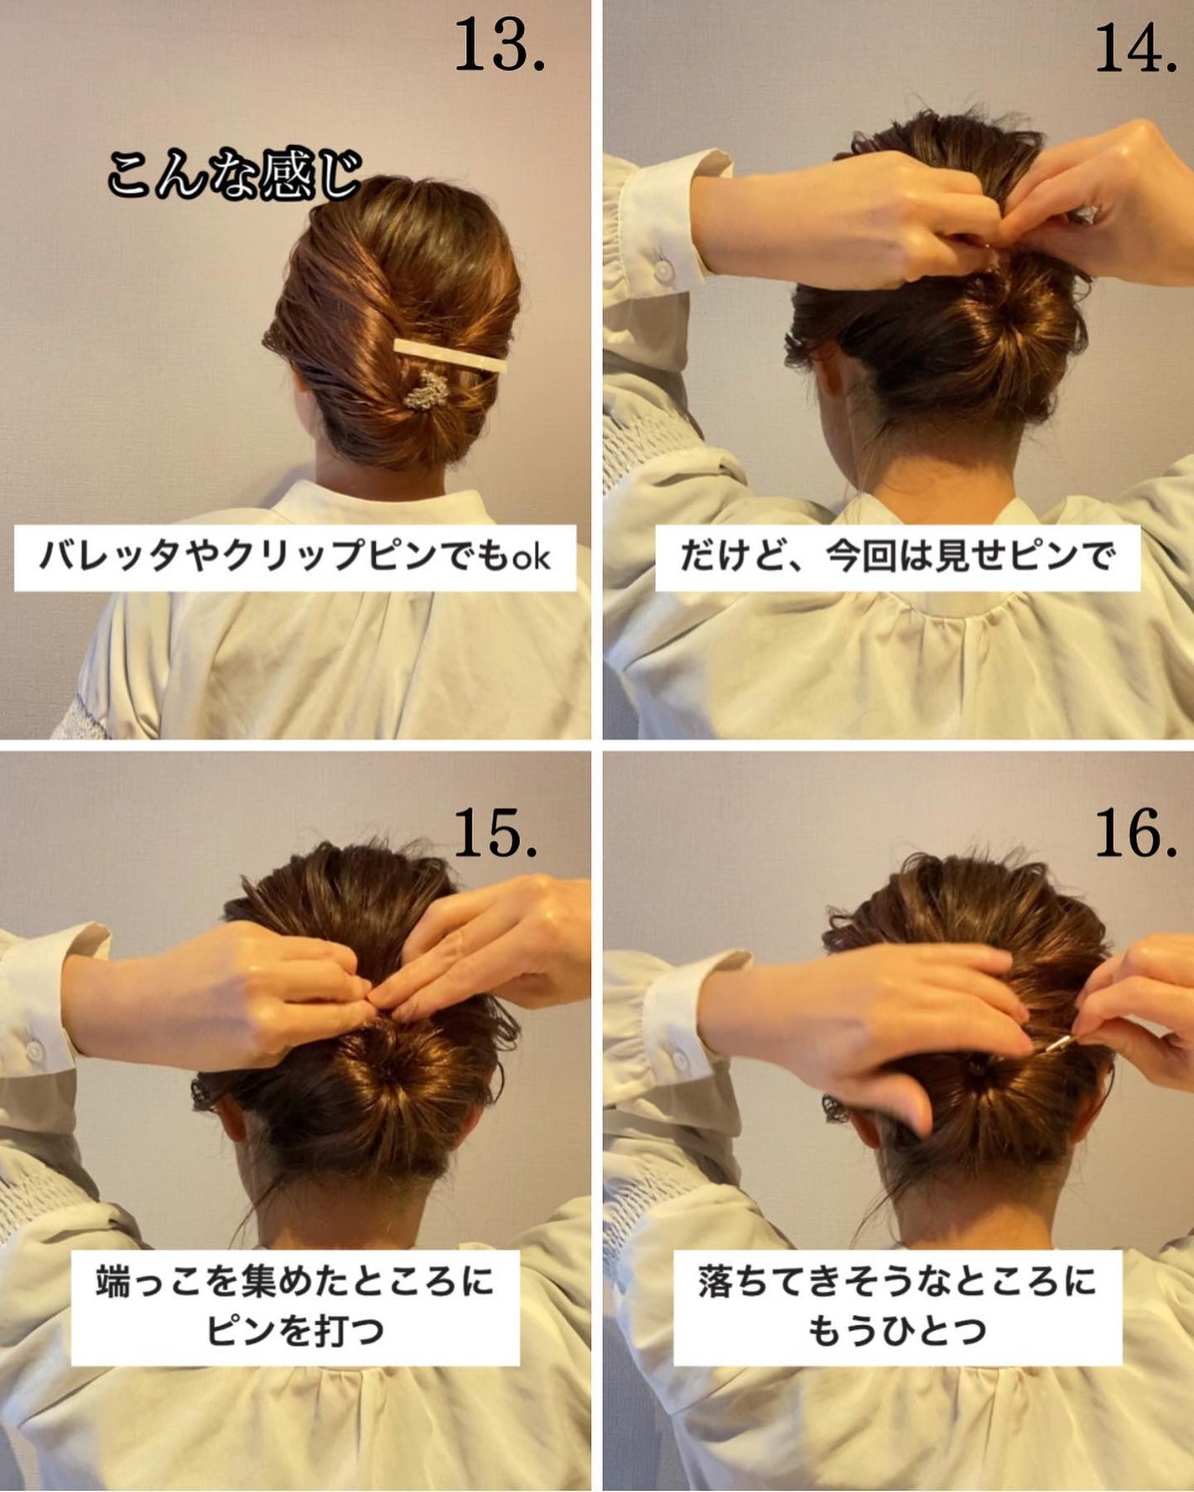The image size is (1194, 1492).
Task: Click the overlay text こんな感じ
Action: [234, 174]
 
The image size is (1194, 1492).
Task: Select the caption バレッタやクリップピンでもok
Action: [294, 557]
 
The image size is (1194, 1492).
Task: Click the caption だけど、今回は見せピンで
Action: [897, 557]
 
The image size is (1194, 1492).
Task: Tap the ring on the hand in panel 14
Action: [1088, 215]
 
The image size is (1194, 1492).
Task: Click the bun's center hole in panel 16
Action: [977, 1066]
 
